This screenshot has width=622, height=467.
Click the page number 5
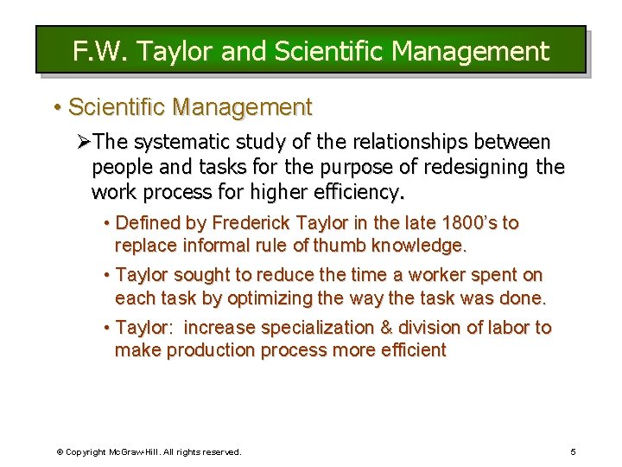click(x=572, y=451)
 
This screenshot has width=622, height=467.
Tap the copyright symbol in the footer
click(x=60, y=451)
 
